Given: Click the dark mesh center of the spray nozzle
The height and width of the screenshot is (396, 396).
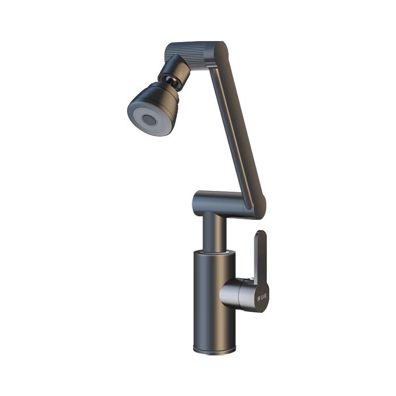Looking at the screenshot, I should tap(148, 119).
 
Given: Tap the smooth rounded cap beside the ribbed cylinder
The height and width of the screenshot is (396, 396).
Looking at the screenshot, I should tap(218, 52).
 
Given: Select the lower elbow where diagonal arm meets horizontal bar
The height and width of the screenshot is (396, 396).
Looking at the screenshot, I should tap(256, 205).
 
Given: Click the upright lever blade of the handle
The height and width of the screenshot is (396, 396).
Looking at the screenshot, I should tap(260, 257).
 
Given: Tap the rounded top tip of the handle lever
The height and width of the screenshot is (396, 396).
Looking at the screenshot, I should tap(261, 234).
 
